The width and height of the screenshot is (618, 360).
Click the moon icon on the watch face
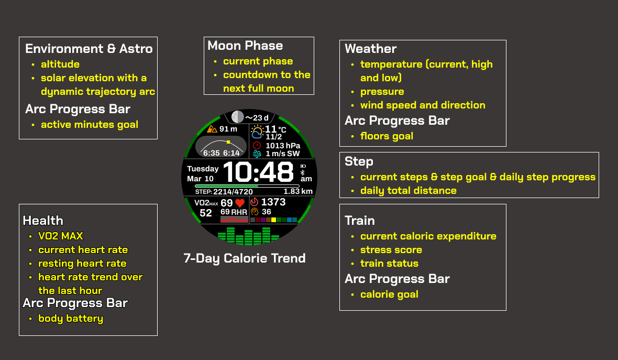237,117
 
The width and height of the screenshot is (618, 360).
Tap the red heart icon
240,203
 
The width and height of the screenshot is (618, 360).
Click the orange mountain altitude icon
212,129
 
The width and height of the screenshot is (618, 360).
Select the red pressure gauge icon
257,146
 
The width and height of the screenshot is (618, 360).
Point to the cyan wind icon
257,154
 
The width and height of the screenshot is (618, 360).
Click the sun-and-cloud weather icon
257,132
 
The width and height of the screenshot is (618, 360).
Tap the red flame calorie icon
254,202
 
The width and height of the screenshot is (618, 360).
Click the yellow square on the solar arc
228,141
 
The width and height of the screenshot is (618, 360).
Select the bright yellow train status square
273,220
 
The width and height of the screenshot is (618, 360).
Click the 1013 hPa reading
283,146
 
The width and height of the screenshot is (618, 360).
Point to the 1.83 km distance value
298,191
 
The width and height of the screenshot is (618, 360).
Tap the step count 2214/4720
233,192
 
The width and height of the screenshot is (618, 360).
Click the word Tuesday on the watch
203,169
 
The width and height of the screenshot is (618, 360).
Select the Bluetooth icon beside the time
303,172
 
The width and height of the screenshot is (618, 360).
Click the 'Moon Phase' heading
245,46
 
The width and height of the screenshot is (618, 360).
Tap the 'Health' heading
43,220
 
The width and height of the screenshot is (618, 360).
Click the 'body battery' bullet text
71,318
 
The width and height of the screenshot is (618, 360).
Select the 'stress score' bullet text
391,249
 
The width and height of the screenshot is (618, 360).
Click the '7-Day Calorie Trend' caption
245,258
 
